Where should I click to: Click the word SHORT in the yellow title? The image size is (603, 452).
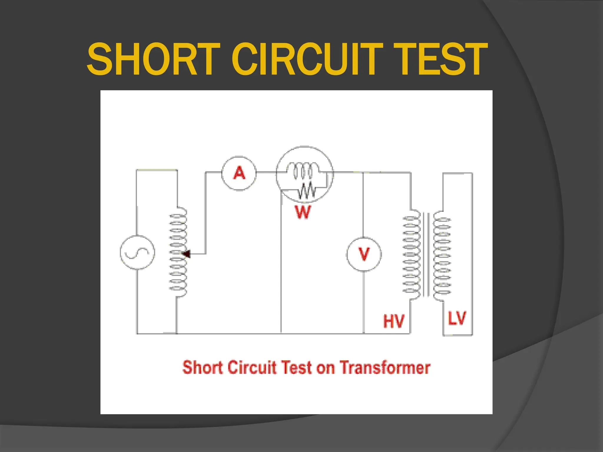point(153,59)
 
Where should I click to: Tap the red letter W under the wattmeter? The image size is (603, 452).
point(303,212)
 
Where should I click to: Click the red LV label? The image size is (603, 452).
point(457,318)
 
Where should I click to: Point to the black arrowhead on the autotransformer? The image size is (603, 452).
point(186,254)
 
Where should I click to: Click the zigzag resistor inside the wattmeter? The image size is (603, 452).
point(307,190)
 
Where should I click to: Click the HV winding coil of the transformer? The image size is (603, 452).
point(412,255)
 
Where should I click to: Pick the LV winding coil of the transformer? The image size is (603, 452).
point(442,256)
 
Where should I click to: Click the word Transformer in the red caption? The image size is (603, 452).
point(385,368)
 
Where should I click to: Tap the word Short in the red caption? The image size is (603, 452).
point(203,368)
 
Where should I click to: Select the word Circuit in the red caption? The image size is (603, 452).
point(252,368)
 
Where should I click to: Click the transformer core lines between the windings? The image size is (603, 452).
point(426,255)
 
